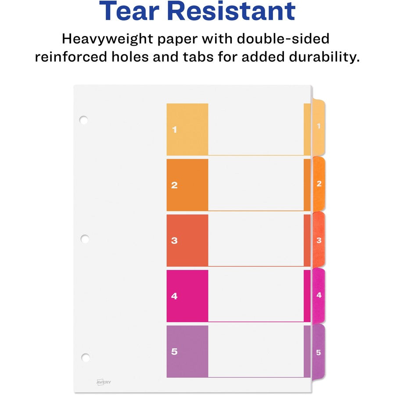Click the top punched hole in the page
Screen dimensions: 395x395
pos(83,120)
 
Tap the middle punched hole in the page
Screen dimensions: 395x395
pos(85,239)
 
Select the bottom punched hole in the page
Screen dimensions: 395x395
pos(85,357)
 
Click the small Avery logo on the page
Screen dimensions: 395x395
pos(104,382)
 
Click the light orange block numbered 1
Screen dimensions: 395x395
pos(187,129)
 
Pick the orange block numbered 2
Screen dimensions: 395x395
pos(187,185)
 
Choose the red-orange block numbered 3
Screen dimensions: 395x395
pos(187,241)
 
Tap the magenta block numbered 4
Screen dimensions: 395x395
pos(187,296)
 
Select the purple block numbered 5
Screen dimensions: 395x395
pos(187,351)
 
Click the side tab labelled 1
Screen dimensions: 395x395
pos(318,127)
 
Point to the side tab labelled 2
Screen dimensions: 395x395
pos(319,183)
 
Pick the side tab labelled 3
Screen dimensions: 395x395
pos(319,240)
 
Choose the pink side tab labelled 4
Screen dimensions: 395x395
pos(319,295)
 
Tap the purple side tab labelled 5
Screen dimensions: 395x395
pos(318,352)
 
